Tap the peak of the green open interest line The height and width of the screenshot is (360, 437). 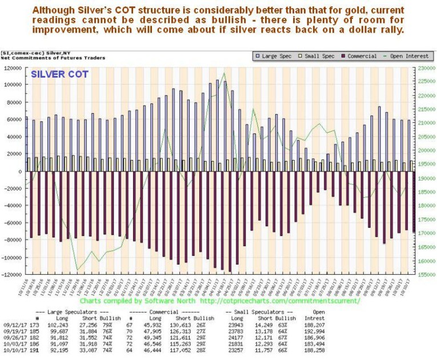tap(223, 73)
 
